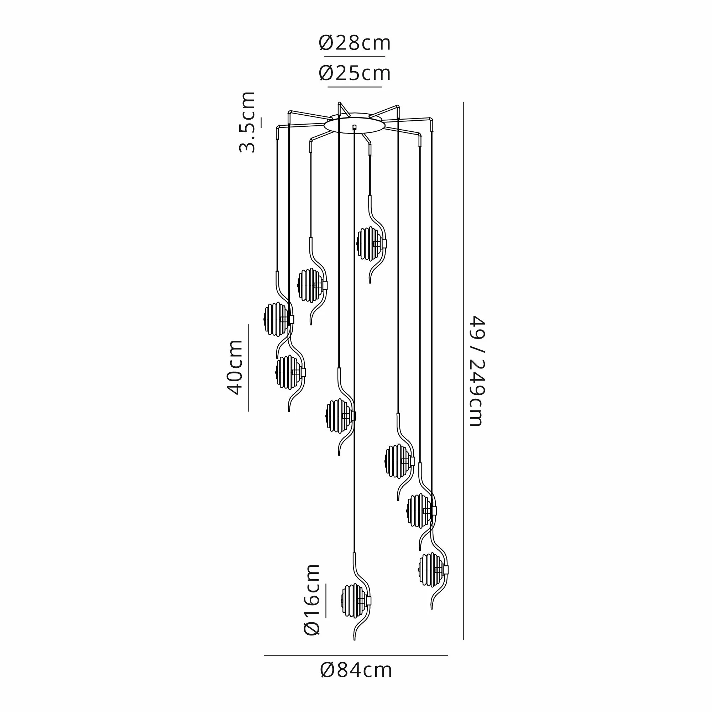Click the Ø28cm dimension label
(x=355, y=43)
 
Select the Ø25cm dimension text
(x=355, y=73)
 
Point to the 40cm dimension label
(x=234, y=367)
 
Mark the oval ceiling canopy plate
(x=354, y=124)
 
